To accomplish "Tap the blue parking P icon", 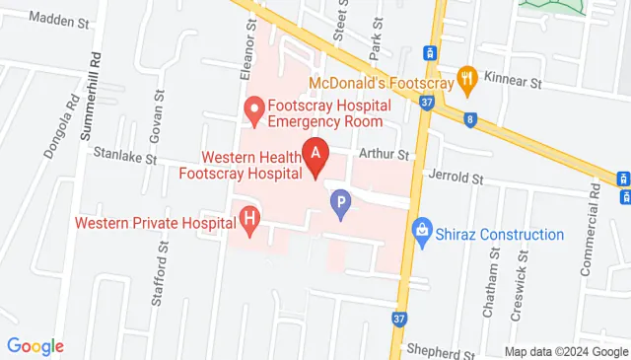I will [x=341, y=207].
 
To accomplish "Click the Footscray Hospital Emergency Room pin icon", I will [x=252, y=110].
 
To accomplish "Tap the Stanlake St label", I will [x=125, y=156].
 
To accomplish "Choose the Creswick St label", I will [x=524, y=276].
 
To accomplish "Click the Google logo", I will [x=35, y=346].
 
